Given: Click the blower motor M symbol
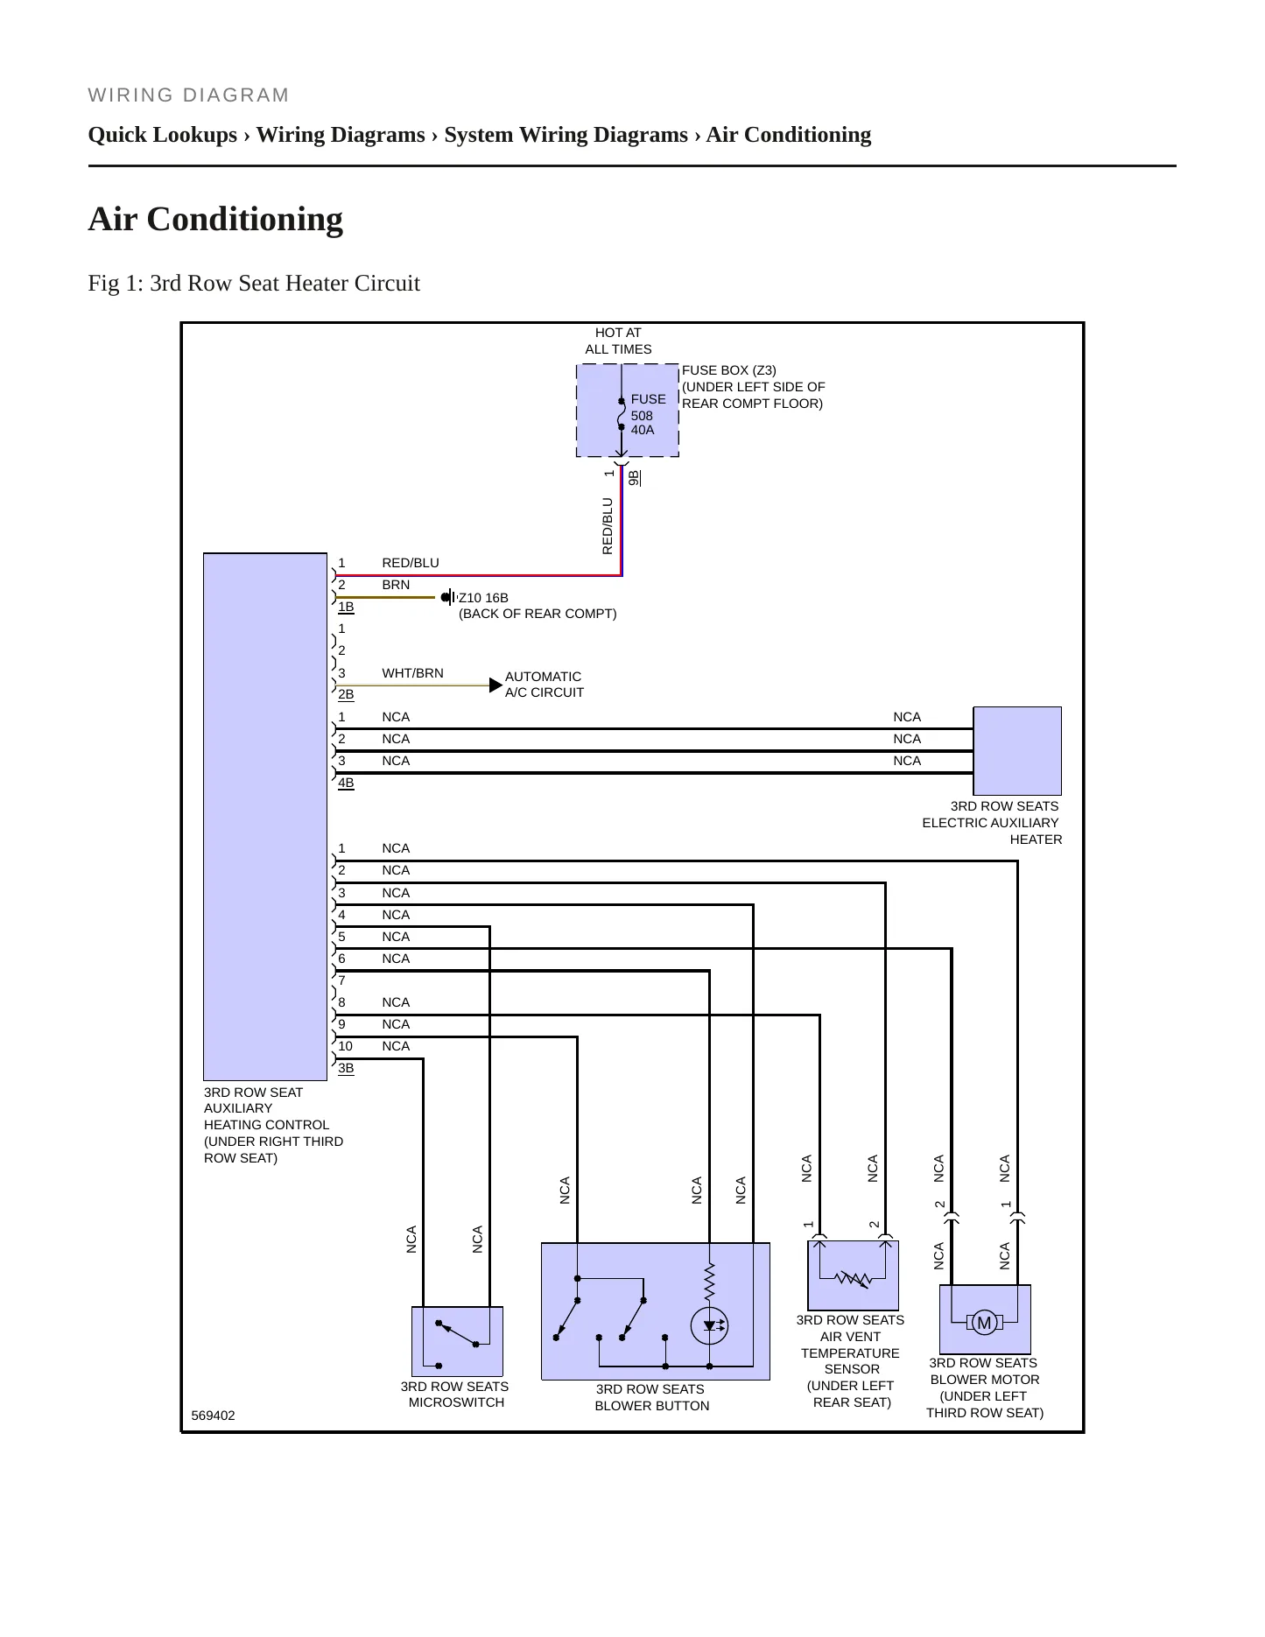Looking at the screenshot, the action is coord(984,1323).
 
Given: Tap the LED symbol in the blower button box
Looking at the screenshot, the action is coord(709,1325).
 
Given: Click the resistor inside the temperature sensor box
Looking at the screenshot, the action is coord(853,1279).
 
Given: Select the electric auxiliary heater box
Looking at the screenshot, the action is coord(1017,750).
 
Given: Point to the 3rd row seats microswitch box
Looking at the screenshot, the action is coord(457,1341).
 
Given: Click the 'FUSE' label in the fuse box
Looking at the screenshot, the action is coord(648,399).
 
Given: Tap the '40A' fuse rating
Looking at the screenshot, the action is coord(643,430).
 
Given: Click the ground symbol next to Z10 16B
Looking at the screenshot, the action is coord(449,597).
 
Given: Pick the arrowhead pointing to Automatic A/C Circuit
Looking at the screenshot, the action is coord(495,685).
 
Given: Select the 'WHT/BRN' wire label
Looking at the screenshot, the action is coord(412,673).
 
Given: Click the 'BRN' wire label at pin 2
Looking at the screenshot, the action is coord(396,585).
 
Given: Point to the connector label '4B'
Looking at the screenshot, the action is coord(346,783).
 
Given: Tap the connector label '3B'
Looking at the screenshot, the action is coord(346,1068).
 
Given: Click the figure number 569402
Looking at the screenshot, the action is coord(213,1416).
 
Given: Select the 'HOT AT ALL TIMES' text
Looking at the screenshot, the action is coord(618,341).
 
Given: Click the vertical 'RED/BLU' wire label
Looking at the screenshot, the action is coord(608,526).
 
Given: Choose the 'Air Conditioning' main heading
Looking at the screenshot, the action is coord(215,219).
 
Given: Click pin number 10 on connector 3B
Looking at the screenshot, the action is coord(345,1046).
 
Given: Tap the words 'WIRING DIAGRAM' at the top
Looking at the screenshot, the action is coord(188,95).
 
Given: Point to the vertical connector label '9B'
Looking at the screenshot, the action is coord(634,478).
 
